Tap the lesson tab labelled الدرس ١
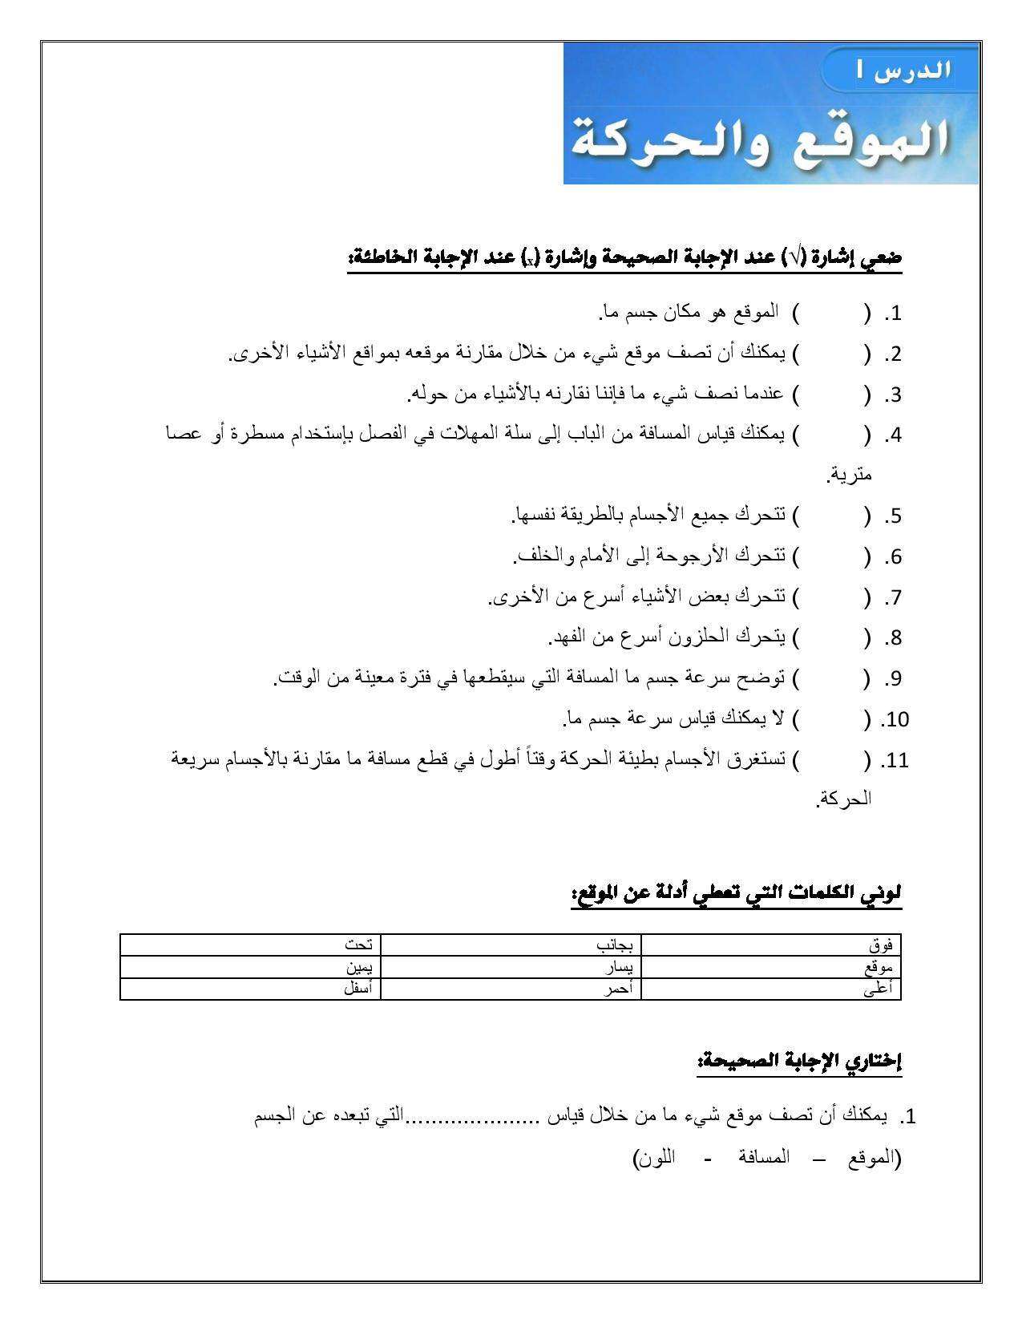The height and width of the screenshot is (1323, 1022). [903, 70]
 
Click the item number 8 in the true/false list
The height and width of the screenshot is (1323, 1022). [893, 638]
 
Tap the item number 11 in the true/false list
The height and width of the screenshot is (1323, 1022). [895, 760]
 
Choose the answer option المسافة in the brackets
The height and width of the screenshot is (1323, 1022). [763, 1157]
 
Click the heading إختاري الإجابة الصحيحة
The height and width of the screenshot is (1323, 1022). [800, 1062]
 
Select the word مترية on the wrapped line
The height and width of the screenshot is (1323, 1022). [850, 475]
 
